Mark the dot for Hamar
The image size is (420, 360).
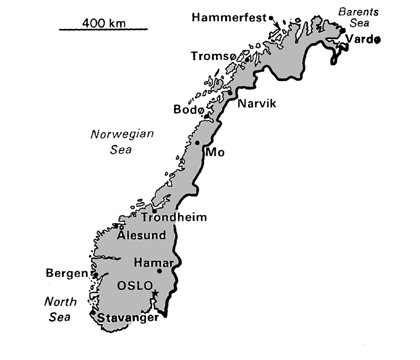pyautogui.click(x=159, y=271)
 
